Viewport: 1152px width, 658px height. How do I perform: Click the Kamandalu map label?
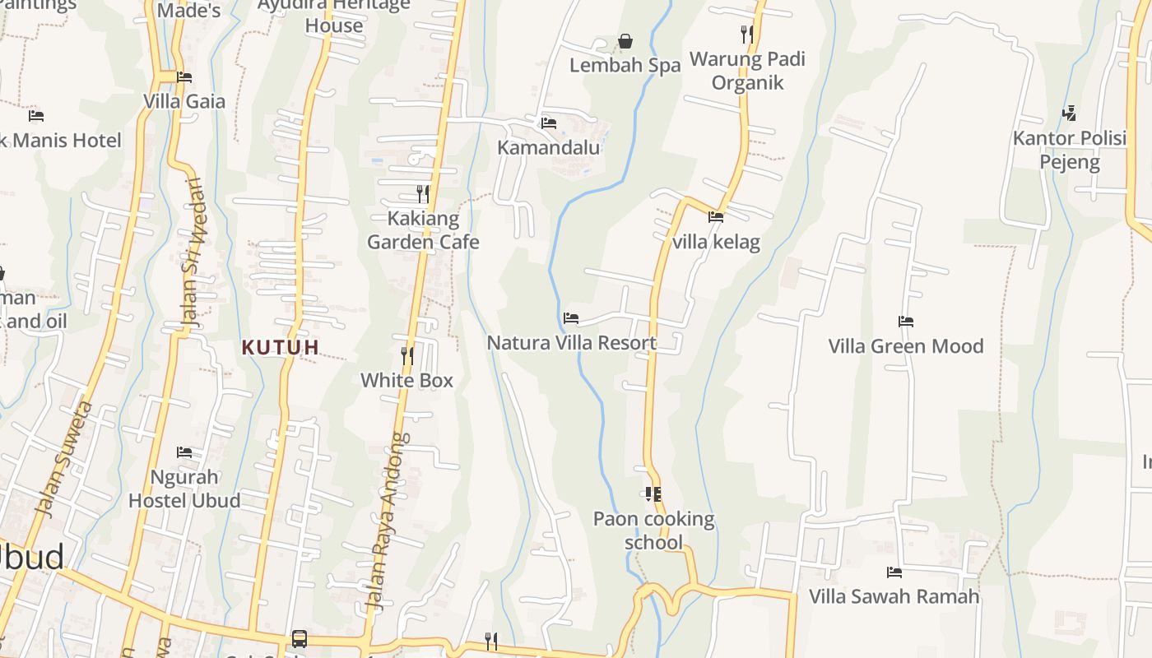pyautogui.click(x=549, y=148)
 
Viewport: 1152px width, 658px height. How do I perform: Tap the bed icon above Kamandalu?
pyautogui.click(x=549, y=123)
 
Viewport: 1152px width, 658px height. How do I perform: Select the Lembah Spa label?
pyautogui.click(x=625, y=65)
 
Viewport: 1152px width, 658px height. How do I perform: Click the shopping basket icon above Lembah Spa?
pyautogui.click(x=625, y=40)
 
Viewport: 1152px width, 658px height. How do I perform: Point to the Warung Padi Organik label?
pyautogui.click(x=747, y=71)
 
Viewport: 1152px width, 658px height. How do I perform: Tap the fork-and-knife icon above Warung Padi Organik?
pyautogui.click(x=747, y=34)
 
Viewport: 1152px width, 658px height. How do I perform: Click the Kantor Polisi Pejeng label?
pyautogui.click(x=1070, y=150)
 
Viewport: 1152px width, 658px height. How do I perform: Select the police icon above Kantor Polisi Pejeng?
pyautogui.click(x=1070, y=113)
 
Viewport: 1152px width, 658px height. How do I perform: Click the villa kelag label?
pyautogui.click(x=716, y=243)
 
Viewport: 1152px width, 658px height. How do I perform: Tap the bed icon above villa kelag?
pyautogui.click(x=716, y=217)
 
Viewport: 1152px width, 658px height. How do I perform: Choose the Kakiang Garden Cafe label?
pyautogui.click(x=423, y=230)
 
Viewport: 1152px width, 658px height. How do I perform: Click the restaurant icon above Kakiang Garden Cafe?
pyautogui.click(x=423, y=194)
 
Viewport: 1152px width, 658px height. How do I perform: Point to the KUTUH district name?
pyautogui.click(x=281, y=347)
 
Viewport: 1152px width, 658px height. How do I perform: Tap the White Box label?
pyautogui.click(x=407, y=380)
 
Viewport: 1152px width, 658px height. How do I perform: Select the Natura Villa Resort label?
pyautogui.click(x=572, y=342)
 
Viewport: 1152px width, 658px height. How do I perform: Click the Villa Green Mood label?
pyautogui.click(x=906, y=345)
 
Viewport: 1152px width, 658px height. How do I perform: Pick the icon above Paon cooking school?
pyautogui.click(x=653, y=494)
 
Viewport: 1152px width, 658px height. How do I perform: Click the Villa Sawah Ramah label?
pyautogui.click(x=894, y=596)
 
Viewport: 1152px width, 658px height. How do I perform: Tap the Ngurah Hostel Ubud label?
pyautogui.click(x=184, y=489)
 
